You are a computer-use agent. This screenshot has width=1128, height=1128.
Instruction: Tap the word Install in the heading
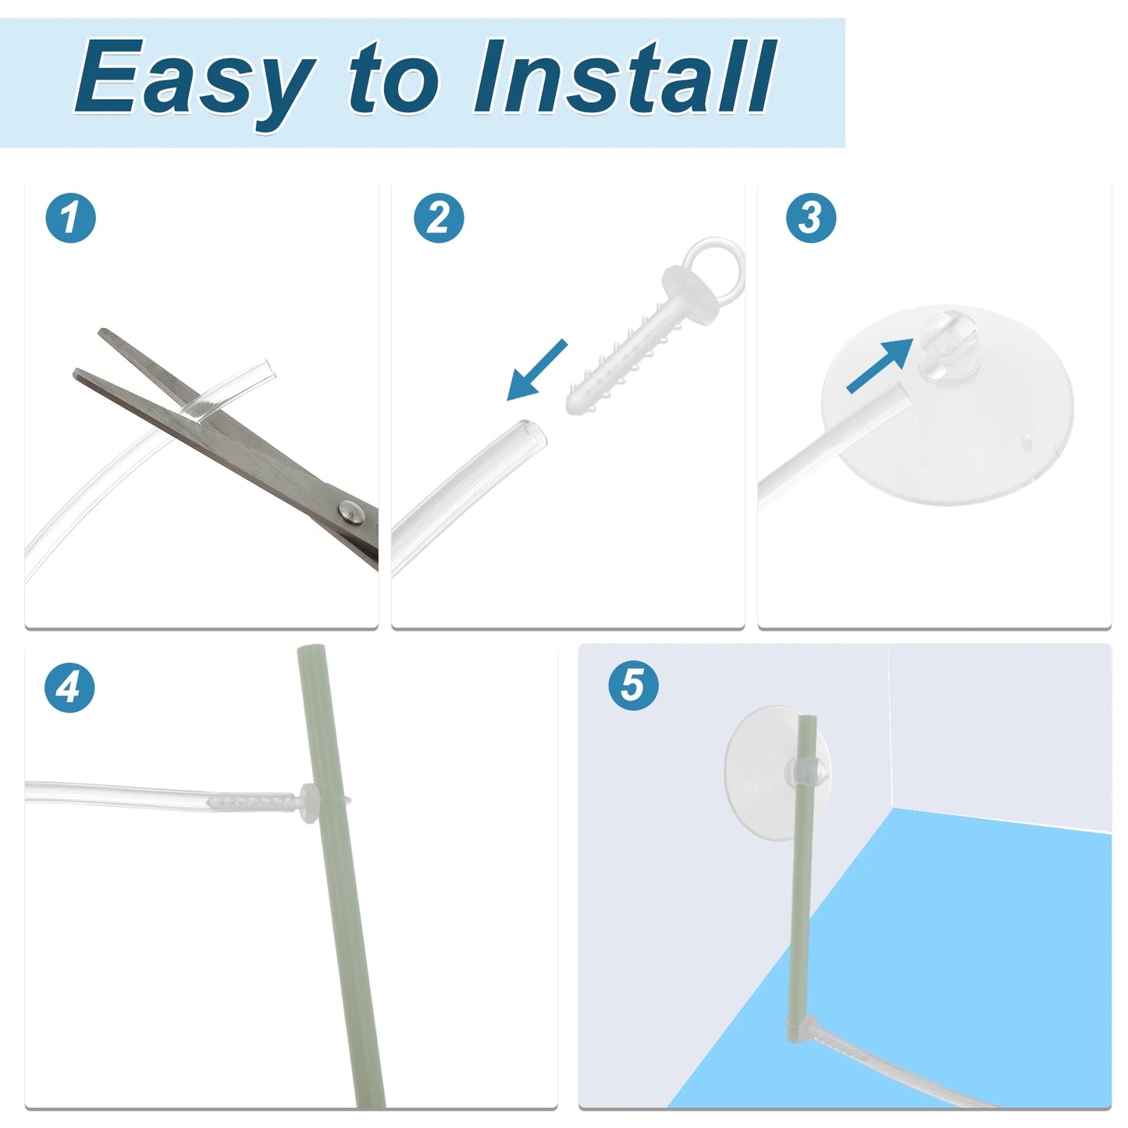click(625, 76)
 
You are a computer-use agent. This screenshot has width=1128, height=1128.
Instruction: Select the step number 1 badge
click(71, 218)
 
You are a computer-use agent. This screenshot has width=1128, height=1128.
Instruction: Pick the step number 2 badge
click(439, 218)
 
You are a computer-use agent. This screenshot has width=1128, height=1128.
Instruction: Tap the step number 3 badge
click(811, 218)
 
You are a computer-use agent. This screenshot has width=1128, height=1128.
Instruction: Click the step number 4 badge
click(69, 687)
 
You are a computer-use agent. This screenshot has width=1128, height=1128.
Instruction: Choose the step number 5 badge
click(633, 685)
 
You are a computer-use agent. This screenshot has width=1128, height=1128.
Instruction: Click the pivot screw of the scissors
click(351, 511)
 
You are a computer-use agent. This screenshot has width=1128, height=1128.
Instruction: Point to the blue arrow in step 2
click(537, 370)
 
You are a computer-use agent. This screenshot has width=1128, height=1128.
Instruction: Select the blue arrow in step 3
click(880, 366)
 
